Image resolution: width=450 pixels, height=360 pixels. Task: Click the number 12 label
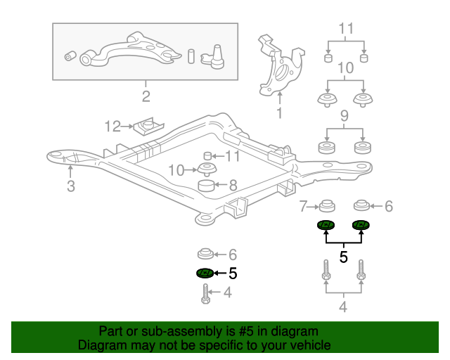[112, 127]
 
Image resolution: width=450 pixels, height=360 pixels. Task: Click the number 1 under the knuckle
[279, 112]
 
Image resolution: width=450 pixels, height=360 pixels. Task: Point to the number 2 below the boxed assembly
[146, 96]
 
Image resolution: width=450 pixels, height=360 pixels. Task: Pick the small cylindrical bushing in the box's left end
[70, 56]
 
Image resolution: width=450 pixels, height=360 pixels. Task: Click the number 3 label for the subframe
[70, 186]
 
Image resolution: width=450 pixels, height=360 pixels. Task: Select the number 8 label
[233, 186]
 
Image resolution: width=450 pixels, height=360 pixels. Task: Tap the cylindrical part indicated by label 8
[207, 186]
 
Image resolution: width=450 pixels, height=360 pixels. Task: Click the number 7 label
[304, 206]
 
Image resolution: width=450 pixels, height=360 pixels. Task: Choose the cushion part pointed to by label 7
[326, 207]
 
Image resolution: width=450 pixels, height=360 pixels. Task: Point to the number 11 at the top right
[346, 29]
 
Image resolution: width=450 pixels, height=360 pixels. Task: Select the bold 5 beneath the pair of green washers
[344, 257]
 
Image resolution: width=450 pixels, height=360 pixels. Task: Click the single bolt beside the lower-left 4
[205, 293]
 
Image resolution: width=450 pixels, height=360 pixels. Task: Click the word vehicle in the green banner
[308, 345]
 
